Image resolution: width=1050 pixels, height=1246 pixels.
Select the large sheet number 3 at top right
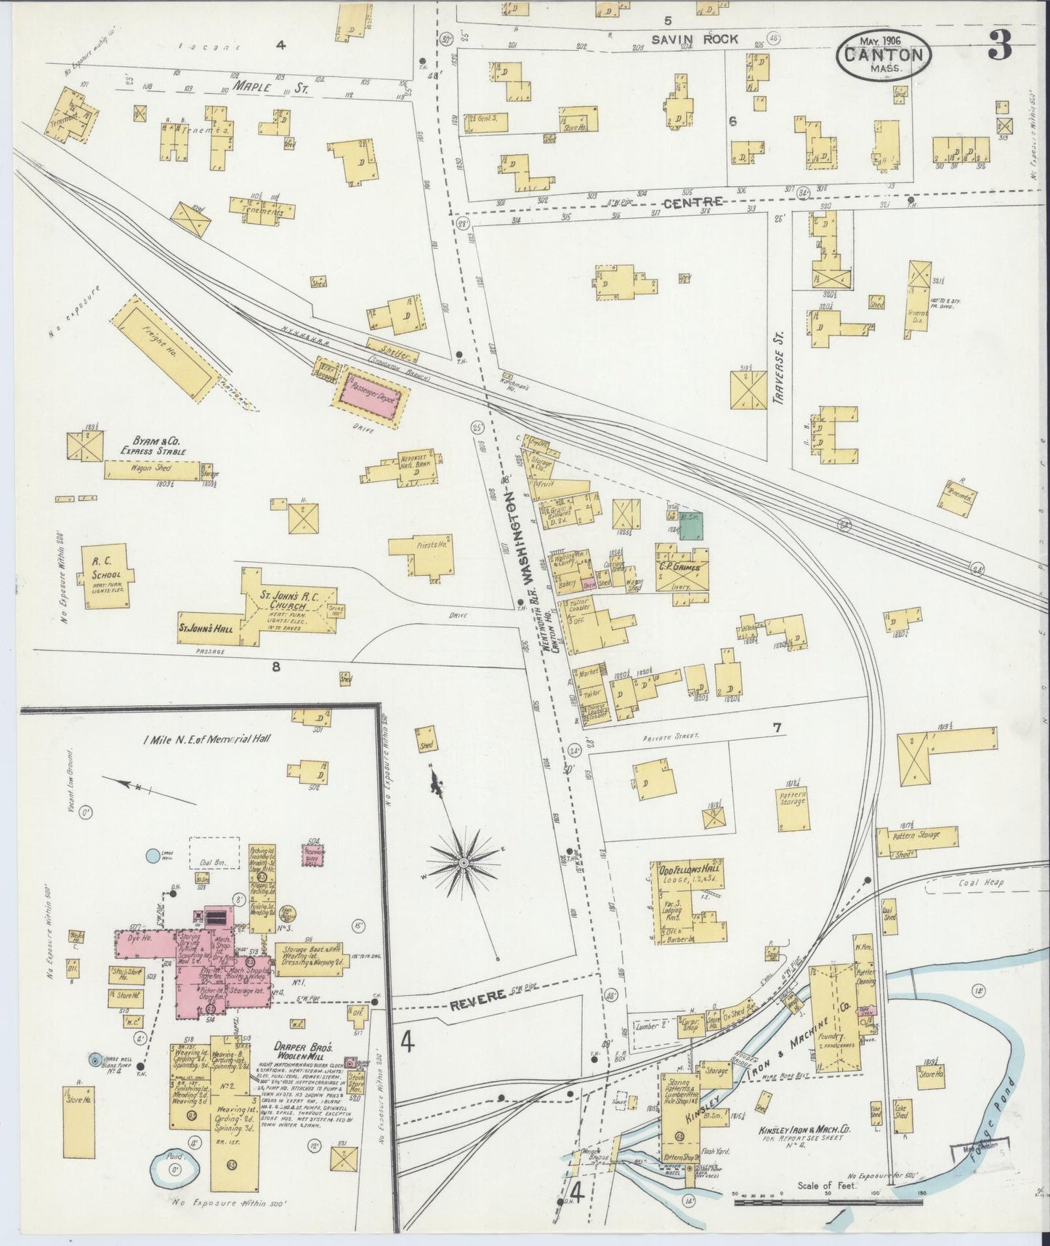tap(1001, 47)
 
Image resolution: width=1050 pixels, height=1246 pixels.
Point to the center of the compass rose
tap(463, 863)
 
